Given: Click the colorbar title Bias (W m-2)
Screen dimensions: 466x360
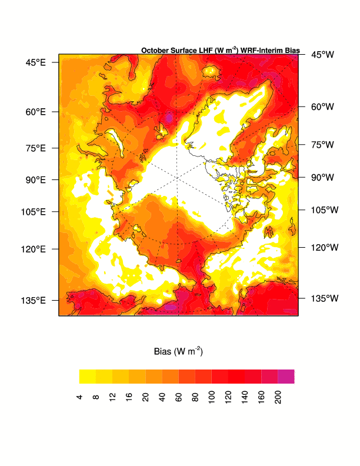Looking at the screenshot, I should (178, 352).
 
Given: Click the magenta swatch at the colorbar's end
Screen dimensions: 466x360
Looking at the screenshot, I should (286, 376).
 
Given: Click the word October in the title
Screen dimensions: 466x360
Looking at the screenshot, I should (155, 51).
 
